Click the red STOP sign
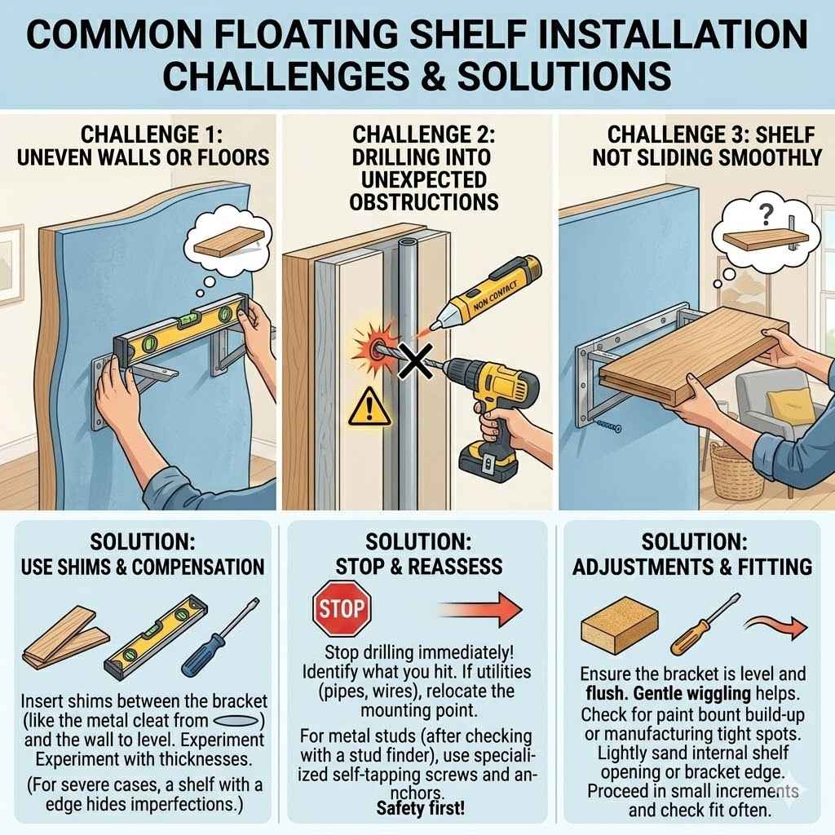342,608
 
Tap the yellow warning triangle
369,407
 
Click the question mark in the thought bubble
766,215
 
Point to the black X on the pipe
416,360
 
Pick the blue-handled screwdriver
220,636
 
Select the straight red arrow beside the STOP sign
479,609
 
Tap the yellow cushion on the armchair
791,405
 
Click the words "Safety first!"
421,808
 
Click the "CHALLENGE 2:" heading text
424,135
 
